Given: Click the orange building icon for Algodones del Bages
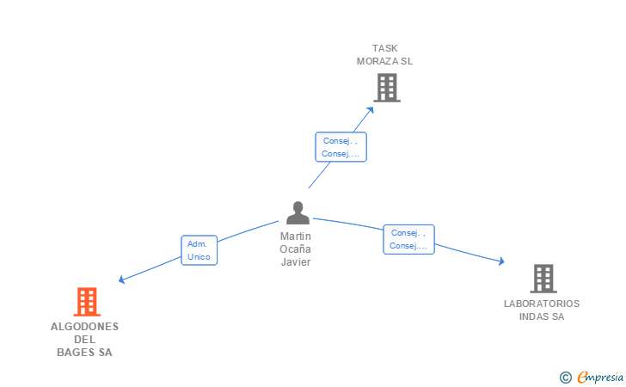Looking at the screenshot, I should (86, 302).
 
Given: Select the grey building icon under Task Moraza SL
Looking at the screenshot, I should (387, 87).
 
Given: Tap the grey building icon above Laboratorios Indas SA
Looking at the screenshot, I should (543, 279).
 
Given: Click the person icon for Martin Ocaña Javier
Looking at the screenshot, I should (298, 212).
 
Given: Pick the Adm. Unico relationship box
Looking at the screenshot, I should (199, 250).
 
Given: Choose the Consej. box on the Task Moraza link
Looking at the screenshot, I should (341, 147).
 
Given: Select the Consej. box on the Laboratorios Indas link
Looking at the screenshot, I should (408, 239).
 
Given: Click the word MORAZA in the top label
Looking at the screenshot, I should (379, 61).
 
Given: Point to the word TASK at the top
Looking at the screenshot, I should (385, 48).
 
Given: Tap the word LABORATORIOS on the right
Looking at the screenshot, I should (542, 304).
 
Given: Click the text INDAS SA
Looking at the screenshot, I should (542, 316).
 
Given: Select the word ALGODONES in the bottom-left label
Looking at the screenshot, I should (84, 327).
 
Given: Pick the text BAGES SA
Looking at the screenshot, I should (84, 352).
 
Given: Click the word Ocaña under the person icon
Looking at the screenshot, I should (296, 249).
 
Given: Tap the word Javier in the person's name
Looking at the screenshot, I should (296, 261).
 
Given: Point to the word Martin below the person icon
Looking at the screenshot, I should (296, 236).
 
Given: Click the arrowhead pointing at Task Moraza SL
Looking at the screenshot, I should (371, 108).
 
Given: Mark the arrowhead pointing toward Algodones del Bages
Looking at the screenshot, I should (121, 279).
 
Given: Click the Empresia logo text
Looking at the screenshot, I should (599, 376).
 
